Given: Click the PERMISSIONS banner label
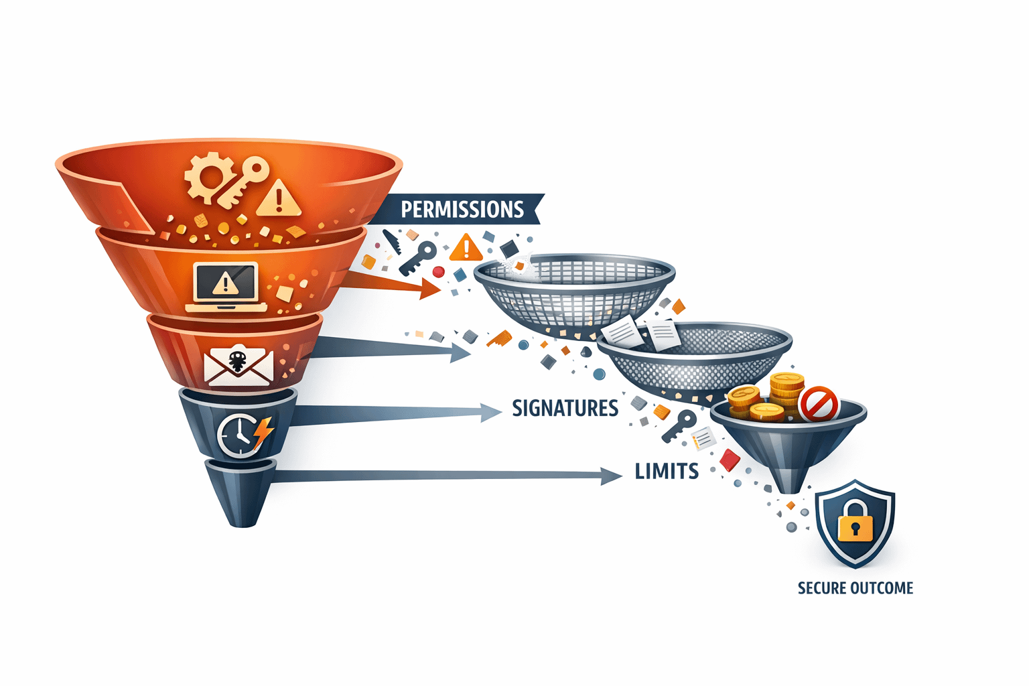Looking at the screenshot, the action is click(462, 209).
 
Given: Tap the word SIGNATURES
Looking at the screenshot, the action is click(565, 408).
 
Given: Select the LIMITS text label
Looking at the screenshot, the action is click(667, 471).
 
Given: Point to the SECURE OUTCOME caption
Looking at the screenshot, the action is click(855, 588).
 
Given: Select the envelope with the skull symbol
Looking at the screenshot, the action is click(238, 366).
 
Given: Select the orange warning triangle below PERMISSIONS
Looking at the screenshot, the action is click(466, 247).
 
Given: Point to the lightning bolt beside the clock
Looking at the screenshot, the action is click(263, 432).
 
